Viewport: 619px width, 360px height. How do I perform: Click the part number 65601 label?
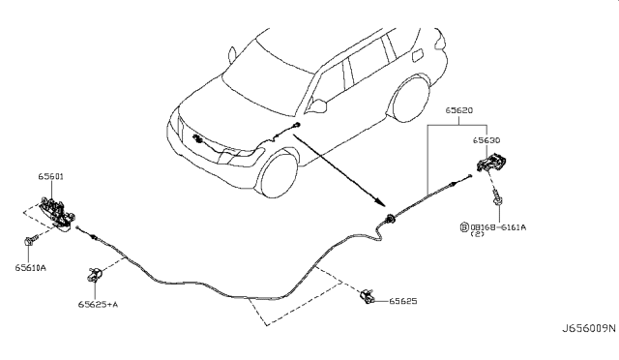click(x=51, y=178)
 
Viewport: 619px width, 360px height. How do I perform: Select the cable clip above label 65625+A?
click(x=98, y=275)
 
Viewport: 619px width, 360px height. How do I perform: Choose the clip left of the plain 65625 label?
click(x=368, y=296)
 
